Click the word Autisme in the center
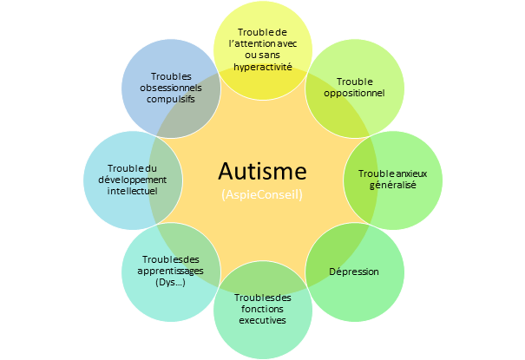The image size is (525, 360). point(262,170)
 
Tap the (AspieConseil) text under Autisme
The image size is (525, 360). point(262,194)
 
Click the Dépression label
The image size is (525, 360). point(354,272)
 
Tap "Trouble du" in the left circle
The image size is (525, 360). point(132,167)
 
